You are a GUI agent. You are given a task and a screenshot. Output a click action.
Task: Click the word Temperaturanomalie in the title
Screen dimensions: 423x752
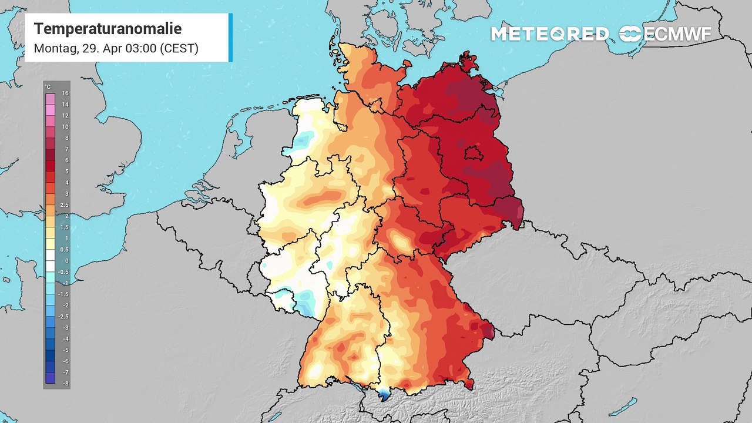(108, 29)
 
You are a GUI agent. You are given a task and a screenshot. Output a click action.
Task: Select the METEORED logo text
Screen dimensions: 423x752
(549, 34)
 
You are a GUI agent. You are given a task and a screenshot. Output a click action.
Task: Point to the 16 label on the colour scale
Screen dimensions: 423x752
(65, 93)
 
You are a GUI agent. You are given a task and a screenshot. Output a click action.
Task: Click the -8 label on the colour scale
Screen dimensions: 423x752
(65, 383)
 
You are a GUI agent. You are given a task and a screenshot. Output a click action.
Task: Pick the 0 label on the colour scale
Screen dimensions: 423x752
(66, 261)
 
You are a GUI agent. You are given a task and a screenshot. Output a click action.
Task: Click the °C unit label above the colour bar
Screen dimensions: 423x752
(48, 87)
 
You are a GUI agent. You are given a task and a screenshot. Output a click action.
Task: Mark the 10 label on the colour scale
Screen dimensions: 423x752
(65, 127)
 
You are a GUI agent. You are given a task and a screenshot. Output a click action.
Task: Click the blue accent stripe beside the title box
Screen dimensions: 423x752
(230, 38)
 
